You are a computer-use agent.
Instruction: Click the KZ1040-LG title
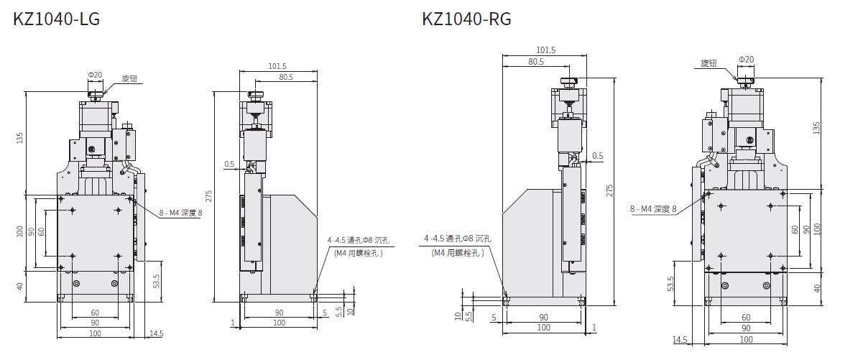pos(56,19)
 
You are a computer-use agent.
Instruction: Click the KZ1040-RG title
pos(466,19)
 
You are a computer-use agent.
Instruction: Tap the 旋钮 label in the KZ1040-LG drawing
pos(129,78)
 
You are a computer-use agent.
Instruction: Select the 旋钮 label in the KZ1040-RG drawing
pos(709,63)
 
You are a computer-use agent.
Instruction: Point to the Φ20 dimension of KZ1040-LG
pos(95,75)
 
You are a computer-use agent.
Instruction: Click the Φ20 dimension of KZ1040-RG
pos(747,60)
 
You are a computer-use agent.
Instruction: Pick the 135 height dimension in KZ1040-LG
pos(19,138)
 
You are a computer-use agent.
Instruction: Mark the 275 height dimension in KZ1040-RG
pos(609,191)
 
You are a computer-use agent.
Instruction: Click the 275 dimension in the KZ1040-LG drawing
pos(208,196)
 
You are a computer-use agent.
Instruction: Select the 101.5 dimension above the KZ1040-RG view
pos(546,50)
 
